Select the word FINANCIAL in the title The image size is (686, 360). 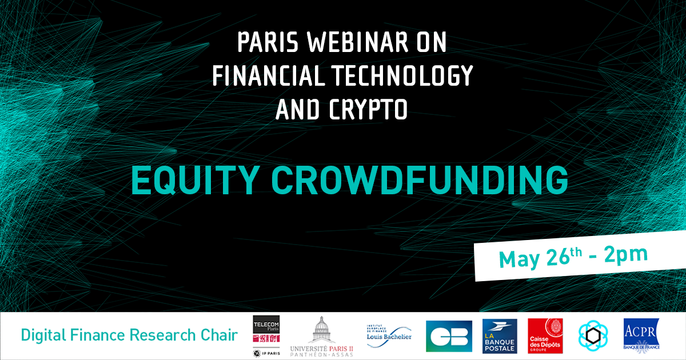tap(269, 75)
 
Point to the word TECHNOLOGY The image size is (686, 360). tap(402, 75)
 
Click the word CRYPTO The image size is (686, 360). tap(368, 109)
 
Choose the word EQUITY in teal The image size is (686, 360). tap(194, 181)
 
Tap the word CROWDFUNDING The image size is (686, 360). tap(420, 181)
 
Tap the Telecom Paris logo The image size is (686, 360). tap(266, 329)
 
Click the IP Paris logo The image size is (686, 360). tap(266, 353)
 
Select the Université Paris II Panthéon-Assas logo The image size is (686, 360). tap(321, 337)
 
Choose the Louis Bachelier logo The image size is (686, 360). tap(389, 336)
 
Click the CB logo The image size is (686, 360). tap(449, 336)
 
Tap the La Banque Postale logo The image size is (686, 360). tap(500, 336)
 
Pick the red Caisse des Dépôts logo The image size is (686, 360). tap(545, 336)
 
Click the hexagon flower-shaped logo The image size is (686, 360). tap(593, 336)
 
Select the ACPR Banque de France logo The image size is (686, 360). tap(641, 334)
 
